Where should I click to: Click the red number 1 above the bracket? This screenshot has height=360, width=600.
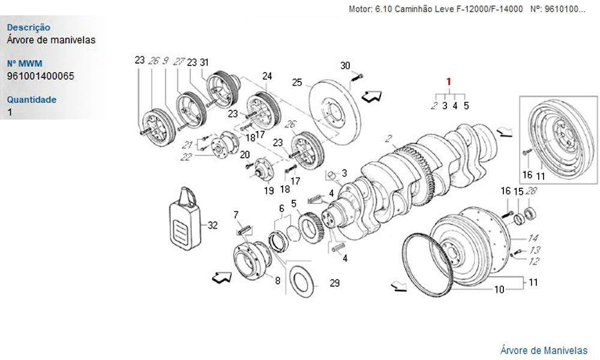(448, 82)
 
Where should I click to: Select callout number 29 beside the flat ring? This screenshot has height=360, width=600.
(335, 283)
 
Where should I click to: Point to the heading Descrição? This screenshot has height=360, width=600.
(28, 28)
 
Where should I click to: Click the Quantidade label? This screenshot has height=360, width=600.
(32, 100)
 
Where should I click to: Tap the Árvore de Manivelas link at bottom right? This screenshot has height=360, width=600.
(544, 350)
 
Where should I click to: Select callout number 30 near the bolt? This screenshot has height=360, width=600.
(345, 65)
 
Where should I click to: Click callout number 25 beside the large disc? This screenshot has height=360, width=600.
(296, 82)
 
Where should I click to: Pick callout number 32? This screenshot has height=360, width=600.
(212, 226)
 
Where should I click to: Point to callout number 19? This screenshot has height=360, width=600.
(269, 191)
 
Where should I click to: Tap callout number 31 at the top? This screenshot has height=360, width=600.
(204, 62)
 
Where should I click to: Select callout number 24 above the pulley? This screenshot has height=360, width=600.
(267, 76)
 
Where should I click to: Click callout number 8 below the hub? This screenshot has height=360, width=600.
(277, 280)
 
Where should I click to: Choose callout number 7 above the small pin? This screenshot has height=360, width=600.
(236, 214)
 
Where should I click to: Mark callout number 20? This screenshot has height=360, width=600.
(244, 155)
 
